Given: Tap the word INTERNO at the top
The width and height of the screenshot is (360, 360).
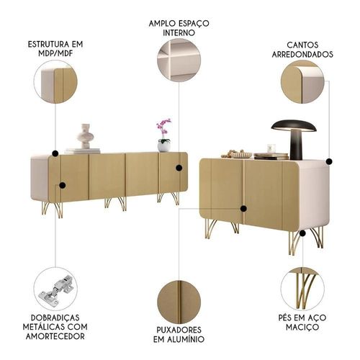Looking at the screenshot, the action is (x=179, y=33).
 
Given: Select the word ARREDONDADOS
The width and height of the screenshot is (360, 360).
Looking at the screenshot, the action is (x=302, y=54).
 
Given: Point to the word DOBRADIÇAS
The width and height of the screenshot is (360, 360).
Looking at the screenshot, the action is (x=55, y=318).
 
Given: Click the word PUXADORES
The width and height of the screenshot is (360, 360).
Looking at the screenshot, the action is (x=179, y=330).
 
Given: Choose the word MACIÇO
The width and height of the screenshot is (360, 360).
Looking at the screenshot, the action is (x=302, y=327).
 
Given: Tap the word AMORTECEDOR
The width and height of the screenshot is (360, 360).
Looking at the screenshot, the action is (x=55, y=336).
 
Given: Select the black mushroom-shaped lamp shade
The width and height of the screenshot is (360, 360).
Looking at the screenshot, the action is (x=294, y=125).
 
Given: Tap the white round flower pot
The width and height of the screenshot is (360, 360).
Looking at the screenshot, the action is (x=164, y=145).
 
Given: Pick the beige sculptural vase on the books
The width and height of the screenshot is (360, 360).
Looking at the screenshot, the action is (x=85, y=136).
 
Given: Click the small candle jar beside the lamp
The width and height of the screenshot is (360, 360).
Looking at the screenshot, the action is (x=271, y=148).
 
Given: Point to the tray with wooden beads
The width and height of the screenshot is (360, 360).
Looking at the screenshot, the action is (x=237, y=154).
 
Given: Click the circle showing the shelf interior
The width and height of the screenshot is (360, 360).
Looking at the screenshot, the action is (x=179, y=60).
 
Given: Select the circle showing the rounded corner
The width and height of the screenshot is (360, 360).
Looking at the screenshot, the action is (x=302, y=82).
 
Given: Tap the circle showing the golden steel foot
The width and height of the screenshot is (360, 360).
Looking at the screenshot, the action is (x=302, y=289).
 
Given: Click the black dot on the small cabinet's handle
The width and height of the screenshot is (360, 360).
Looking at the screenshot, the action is (x=243, y=209).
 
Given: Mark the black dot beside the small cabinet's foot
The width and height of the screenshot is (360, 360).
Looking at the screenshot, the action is (x=302, y=233).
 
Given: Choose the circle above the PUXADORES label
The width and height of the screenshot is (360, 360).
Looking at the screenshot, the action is (x=179, y=302).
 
